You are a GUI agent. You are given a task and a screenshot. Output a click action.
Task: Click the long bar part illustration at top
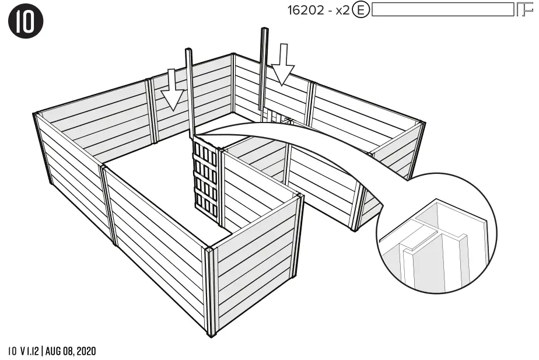[441, 10]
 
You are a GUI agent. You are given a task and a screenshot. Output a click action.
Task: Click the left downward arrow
[173, 90]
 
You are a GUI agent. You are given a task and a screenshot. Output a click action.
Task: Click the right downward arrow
[284, 64]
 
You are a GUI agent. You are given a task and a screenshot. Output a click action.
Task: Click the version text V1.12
[29, 351]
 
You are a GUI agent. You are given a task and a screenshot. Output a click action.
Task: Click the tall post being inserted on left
[190, 93]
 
